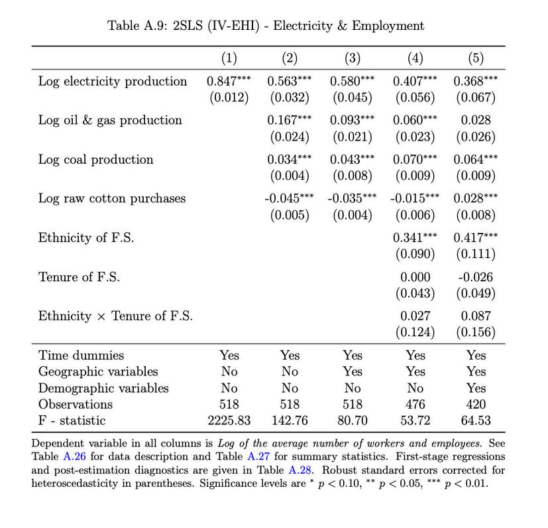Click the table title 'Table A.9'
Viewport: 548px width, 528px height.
coord(265,26)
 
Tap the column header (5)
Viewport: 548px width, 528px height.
coord(476,58)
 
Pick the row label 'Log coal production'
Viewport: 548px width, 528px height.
coord(95,160)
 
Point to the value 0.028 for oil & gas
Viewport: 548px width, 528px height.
coord(476,121)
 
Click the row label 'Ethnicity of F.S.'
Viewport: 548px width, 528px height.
coord(85,238)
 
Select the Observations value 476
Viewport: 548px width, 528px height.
coord(415,404)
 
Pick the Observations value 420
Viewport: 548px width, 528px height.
coord(476,404)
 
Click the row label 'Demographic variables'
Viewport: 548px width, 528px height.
coord(103,388)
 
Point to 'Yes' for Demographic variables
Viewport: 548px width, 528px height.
coord(476,388)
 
